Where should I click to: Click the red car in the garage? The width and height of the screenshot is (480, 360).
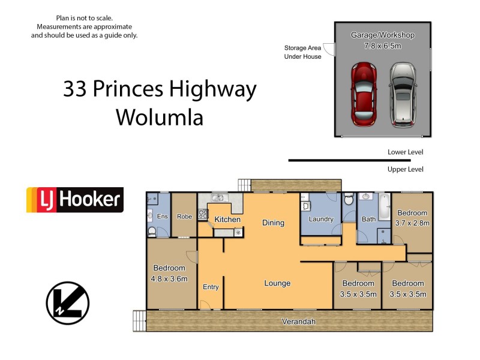[363, 94]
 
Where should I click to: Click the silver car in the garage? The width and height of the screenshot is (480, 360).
[403, 94]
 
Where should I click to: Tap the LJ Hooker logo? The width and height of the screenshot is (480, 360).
[74, 200]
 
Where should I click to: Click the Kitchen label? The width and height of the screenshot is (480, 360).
[227, 220]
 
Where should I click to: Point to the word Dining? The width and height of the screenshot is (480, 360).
[273, 223]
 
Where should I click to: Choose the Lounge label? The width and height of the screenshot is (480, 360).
[277, 283]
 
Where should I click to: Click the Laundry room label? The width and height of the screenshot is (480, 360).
[321, 219]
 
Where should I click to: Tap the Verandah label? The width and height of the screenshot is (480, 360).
[298, 322]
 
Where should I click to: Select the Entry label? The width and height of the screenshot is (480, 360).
[211, 287]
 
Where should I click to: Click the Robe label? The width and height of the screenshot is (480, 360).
[184, 217]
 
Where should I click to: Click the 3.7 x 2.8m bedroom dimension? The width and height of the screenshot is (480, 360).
[412, 223]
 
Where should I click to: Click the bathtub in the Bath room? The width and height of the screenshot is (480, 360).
[384, 212]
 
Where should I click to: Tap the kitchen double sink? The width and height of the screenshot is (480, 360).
[218, 197]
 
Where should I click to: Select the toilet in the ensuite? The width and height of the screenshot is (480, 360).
[152, 231]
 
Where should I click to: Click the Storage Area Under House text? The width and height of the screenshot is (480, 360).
[302, 52]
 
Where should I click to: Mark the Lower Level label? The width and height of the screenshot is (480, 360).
[405, 152]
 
